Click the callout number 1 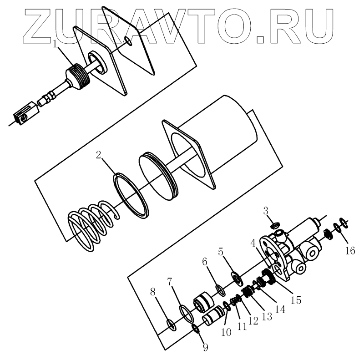[55, 45]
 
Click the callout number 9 [205, 347]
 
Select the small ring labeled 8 [171, 324]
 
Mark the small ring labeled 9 [196, 329]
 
